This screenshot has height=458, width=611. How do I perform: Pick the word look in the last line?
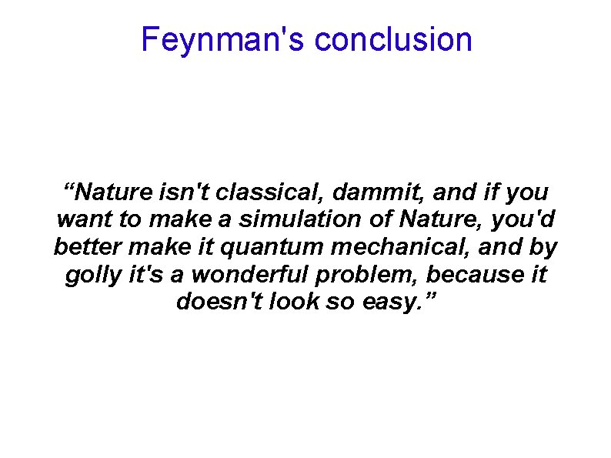[295, 303]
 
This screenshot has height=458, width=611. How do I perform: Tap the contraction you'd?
[529, 219]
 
